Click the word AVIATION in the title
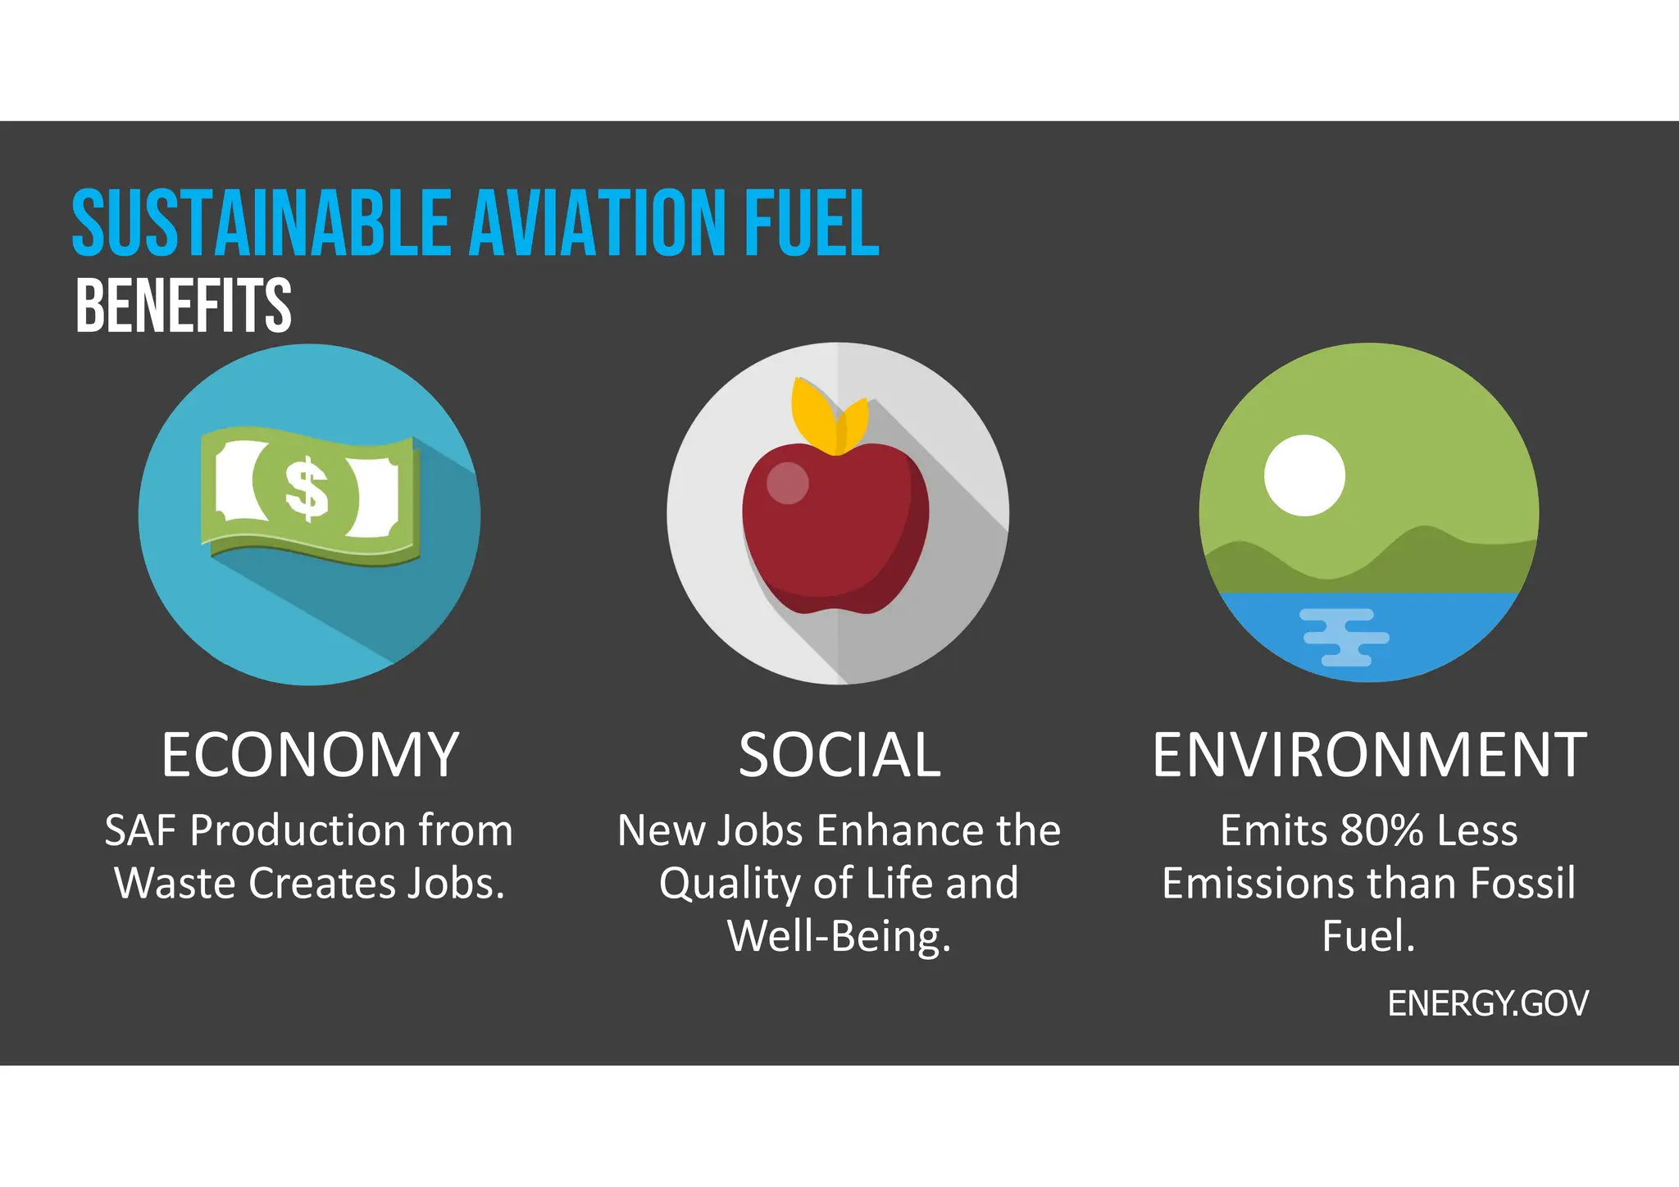[x=599, y=223]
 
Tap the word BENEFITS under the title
[x=183, y=306]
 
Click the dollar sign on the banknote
[x=307, y=489]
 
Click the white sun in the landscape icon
[x=1304, y=475]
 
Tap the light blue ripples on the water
[x=1345, y=637]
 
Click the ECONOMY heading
[x=310, y=755]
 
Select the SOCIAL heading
[x=839, y=755]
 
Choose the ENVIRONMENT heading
[x=1369, y=755]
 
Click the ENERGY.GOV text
[x=1488, y=1003]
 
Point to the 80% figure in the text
[x=1382, y=830]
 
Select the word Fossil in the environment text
[x=1522, y=883]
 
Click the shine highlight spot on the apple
[x=787, y=483]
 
